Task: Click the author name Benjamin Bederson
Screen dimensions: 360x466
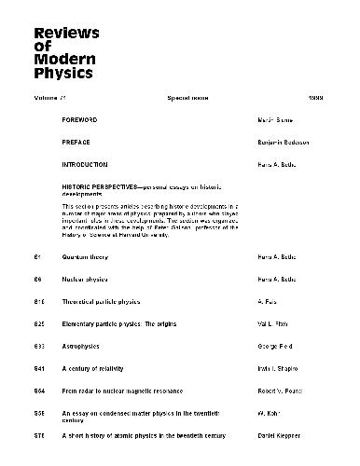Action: (x=285, y=143)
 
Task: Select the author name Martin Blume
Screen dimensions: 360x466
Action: (x=275, y=121)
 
